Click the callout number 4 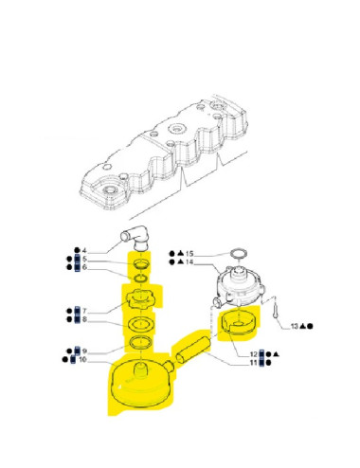[x=84, y=251]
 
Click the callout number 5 [x=84, y=260]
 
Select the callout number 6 [x=84, y=268]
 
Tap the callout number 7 [x=84, y=312]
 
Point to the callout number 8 [x=84, y=320]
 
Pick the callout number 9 [x=84, y=351]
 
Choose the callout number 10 [x=84, y=360]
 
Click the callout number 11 [x=254, y=361]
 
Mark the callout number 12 [x=254, y=352]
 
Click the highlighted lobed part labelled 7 [x=140, y=300]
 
